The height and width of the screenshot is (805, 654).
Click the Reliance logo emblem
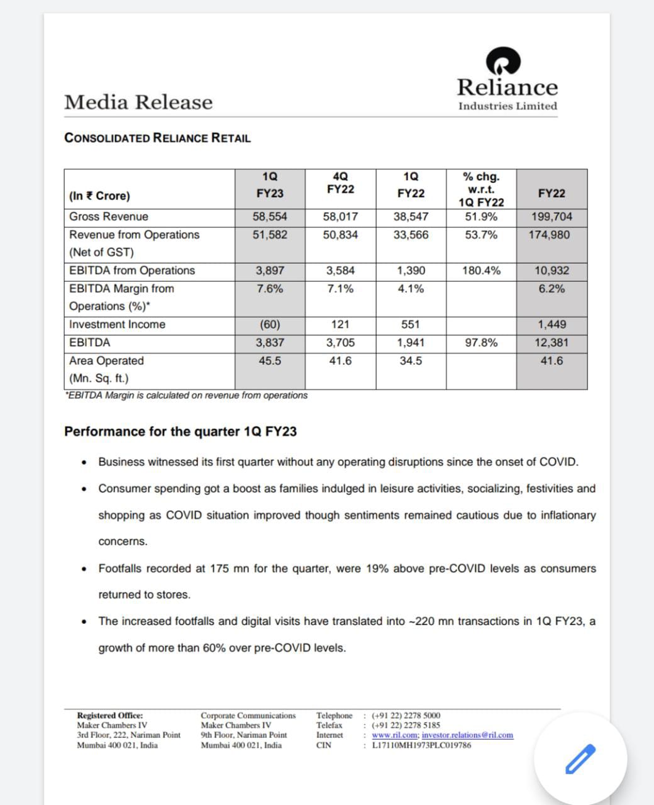[x=503, y=61]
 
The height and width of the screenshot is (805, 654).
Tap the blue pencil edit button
[x=580, y=758]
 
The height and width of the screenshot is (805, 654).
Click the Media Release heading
[x=138, y=102]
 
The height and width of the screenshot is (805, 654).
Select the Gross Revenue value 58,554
[x=270, y=216]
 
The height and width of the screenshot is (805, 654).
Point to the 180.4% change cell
[x=481, y=270]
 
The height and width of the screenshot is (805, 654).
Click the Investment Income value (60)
[x=270, y=325]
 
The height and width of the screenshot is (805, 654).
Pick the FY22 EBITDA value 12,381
[x=551, y=343]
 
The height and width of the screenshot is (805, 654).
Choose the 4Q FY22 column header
[x=340, y=182]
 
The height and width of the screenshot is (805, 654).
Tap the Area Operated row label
[x=106, y=361]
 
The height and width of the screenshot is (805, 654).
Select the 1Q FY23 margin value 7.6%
[x=270, y=289]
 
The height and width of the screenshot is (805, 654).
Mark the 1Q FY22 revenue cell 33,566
[x=411, y=235]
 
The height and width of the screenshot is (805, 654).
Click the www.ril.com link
[x=394, y=735]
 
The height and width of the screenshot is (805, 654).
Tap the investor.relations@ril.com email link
[x=467, y=735]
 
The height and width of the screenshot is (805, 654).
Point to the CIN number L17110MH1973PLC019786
[x=421, y=745]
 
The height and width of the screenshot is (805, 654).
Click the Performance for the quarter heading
[x=180, y=431]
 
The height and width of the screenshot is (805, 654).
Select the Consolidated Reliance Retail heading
[x=157, y=138]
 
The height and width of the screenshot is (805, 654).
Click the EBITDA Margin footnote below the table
[x=186, y=396]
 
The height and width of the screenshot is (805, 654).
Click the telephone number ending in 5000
[x=406, y=715]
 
